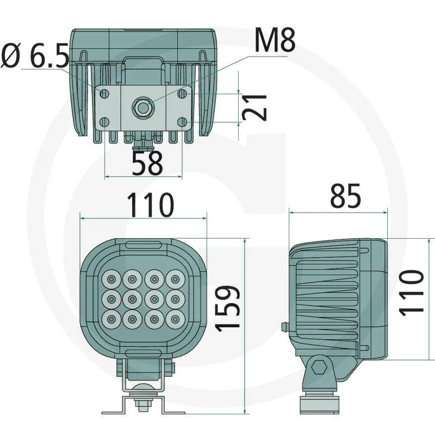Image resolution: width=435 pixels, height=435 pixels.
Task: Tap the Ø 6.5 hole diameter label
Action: pos(35,56)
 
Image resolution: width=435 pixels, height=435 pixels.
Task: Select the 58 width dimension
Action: pos(147,163)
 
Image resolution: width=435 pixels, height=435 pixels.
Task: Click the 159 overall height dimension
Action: pos(227,307)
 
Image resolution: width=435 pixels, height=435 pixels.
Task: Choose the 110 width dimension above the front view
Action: pos(150,205)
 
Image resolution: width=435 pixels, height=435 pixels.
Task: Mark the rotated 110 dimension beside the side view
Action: pos(411,291)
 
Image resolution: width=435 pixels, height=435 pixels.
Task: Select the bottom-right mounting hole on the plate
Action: pos(182,122)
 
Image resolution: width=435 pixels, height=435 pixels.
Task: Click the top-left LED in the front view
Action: pos(111,279)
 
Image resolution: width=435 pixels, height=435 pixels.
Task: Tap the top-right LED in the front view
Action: pos(175,279)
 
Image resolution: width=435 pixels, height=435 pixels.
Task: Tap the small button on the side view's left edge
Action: pos(284,327)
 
